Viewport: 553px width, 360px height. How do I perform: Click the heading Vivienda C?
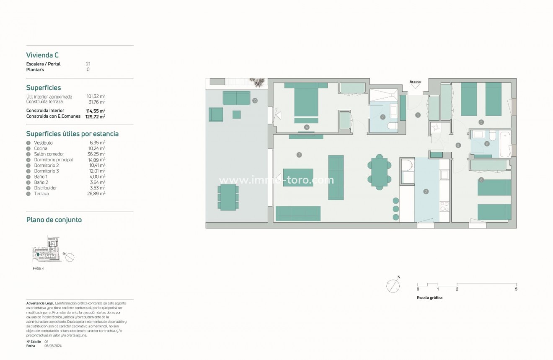click(42, 55)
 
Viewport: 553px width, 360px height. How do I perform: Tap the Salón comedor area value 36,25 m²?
click(96, 154)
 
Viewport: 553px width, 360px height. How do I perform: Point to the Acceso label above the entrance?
click(415, 82)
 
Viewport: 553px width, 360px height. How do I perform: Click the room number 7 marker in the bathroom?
click(382, 117)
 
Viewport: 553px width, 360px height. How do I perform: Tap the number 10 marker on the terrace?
click(255, 101)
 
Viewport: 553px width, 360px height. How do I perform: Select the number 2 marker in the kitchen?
click(426, 192)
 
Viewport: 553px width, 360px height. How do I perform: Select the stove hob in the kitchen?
click(444, 206)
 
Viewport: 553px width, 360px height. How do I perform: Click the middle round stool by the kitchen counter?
click(395, 208)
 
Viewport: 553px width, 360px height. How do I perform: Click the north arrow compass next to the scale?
click(393, 286)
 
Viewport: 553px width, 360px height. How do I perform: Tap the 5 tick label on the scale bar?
click(516, 289)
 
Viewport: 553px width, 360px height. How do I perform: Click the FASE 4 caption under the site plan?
click(38, 268)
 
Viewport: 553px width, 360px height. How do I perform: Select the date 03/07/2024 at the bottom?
click(53, 346)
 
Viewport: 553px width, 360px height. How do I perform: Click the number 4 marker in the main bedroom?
click(307, 127)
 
